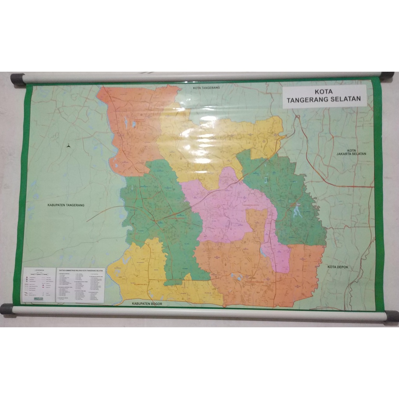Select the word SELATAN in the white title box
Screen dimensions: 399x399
pos(346,100)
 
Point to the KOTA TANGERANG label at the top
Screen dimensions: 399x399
pos(207,88)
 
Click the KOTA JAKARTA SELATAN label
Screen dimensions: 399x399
pos(351,152)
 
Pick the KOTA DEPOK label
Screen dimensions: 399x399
pos(337,267)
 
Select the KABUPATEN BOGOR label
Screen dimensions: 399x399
pos(147,303)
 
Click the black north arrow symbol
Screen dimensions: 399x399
pos(69,146)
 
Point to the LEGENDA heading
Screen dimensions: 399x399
pos(39,270)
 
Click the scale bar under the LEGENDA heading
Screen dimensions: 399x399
pos(39,274)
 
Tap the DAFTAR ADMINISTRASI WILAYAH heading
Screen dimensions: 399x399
pos(80,270)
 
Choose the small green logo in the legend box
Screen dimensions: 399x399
pos(39,299)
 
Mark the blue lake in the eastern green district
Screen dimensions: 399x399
pos(297,211)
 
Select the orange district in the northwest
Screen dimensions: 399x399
pos(132,125)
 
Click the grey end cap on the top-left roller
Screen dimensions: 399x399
pos(18,79)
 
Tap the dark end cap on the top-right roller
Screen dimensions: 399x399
pos(387,76)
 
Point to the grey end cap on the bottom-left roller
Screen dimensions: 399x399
pos(7,309)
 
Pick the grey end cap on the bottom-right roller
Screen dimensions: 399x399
pos(391,316)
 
